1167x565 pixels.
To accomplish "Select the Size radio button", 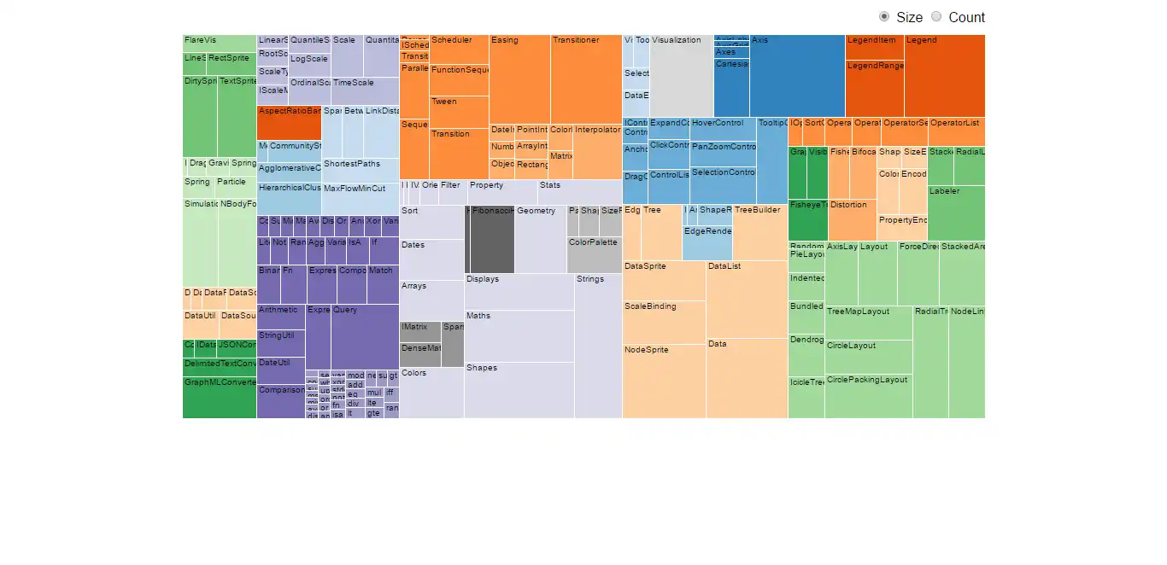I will click(884, 17).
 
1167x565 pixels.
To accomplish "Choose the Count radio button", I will click(936, 17).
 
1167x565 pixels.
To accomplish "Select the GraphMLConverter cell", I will click(220, 398).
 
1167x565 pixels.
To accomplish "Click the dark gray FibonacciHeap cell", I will click(492, 240).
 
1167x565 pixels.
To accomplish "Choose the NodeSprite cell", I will click(664, 381).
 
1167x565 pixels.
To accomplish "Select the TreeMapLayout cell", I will click(868, 323).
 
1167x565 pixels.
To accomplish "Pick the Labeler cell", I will click(956, 213).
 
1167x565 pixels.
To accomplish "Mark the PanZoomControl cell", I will click(723, 153).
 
